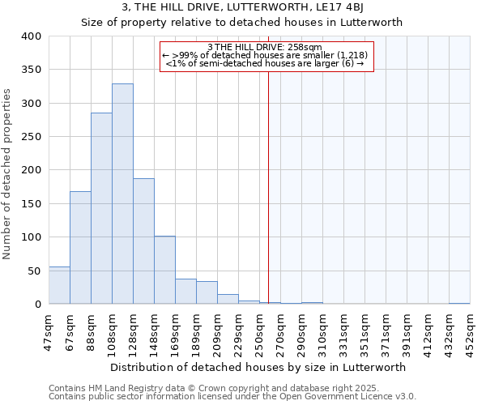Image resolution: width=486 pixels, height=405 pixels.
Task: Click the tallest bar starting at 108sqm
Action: tap(122, 194)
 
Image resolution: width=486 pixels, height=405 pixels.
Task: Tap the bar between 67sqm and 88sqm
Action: tap(80, 247)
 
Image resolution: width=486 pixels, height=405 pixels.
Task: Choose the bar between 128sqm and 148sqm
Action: tap(143, 241)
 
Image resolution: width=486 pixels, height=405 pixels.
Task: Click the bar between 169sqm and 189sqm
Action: tap(185, 291)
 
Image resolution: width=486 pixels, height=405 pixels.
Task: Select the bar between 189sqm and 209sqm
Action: tap(207, 292)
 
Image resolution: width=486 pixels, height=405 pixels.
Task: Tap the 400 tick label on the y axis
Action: tap(31, 36)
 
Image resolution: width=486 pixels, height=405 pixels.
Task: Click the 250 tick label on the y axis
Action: tap(31, 137)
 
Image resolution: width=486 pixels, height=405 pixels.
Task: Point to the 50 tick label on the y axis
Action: tap(34, 271)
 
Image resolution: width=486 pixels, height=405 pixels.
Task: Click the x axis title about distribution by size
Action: tap(258, 367)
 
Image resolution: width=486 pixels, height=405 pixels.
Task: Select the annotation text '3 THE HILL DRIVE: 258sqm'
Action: tap(265, 47)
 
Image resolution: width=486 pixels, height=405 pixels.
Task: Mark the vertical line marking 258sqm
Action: tap(268, 186)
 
